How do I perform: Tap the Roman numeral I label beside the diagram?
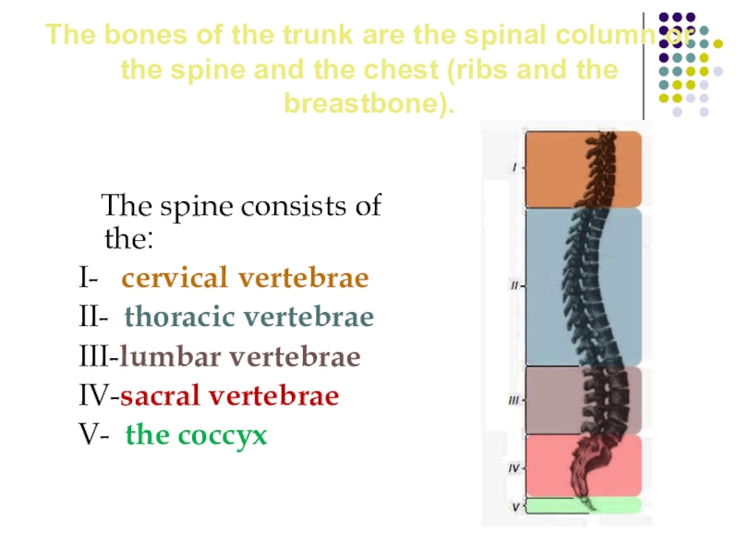[x=515, y=168]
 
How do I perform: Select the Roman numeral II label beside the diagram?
[x=515, y=286]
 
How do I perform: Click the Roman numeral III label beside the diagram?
[x=514, y=400]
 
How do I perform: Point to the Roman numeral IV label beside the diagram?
[x=515, y=469]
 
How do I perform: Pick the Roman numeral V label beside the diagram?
[x=515, y=507]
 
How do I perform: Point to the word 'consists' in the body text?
[x=293, y=205]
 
